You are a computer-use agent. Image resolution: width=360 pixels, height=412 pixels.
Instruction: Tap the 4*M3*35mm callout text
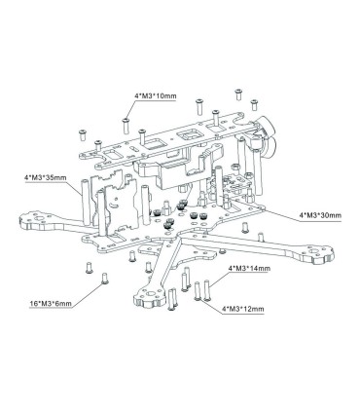click(45, 178)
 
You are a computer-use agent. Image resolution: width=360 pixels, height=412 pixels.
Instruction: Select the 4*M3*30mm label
click(320, 215)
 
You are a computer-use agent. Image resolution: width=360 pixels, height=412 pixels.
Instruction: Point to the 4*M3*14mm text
click(249, 269)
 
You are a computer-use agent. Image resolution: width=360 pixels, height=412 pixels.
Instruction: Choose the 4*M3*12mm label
click(243, 309)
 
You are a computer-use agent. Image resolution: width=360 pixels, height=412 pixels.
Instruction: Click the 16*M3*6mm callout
click(51, 304)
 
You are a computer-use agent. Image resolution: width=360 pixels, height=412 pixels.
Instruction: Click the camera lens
click(267, 129)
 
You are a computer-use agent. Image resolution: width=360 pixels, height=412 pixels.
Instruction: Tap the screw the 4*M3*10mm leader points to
click(126, 126)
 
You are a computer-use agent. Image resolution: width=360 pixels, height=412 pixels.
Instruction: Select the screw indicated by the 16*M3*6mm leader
click(104, 279)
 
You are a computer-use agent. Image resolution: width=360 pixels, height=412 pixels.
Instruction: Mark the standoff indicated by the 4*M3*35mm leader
click(86, 202)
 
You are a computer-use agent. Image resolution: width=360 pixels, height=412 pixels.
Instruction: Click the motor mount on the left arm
click(34, 221)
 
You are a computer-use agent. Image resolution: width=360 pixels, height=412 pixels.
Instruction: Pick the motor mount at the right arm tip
click(318, 254)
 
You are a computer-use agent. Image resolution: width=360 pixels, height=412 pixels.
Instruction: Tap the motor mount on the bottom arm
click(149, 296)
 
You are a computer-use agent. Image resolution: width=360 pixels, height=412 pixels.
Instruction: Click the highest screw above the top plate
click(238, 94)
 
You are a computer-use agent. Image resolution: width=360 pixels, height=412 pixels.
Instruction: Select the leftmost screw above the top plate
click(83, 134)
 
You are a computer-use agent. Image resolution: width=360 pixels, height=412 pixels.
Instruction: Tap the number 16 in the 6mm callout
click(33, 304)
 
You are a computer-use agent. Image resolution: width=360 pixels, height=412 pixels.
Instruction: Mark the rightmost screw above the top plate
click(254, 105)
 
